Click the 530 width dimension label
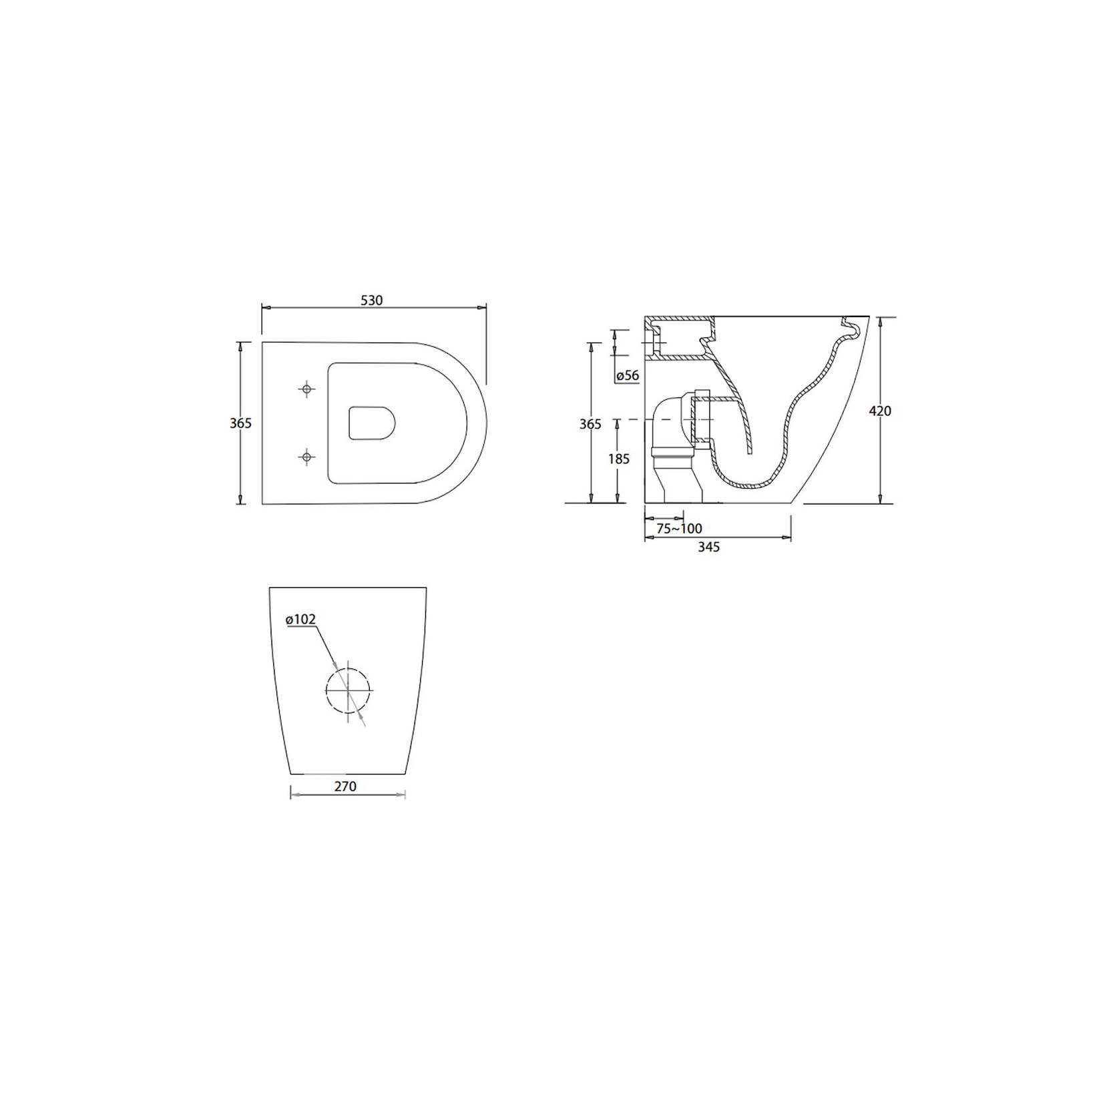(372, 300)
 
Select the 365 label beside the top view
(241, 423)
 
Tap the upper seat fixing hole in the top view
(306, 389)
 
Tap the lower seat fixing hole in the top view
(306, 457)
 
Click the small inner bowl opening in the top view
(372, 423)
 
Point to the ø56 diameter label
(628, 376)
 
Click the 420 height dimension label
(880, 411)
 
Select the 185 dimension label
(619, 459)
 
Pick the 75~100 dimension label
(679, 529)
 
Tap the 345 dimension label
(708, 547)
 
